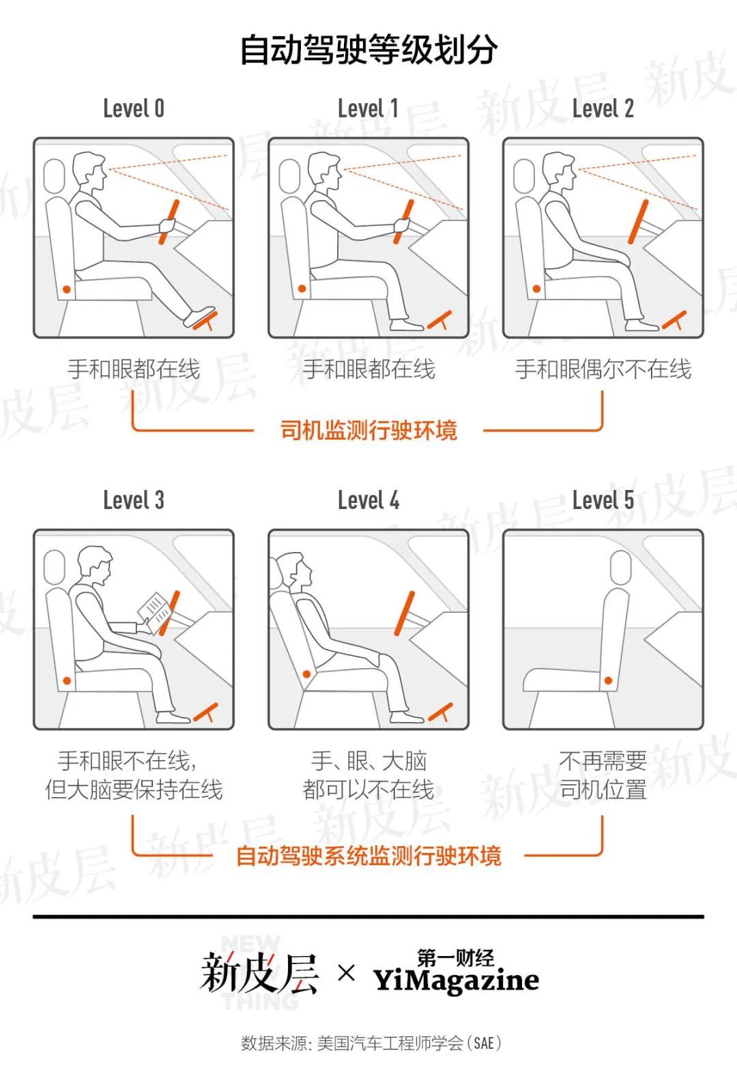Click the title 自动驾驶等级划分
369,50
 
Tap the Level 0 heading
134,108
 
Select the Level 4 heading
369,500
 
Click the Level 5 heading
603,500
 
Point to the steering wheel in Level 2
638,222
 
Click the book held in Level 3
155,612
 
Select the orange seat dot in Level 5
609,680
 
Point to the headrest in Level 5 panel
621,567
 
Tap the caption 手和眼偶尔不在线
603,369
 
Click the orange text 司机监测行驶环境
369,430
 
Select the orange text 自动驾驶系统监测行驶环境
369,856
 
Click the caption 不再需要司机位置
603,775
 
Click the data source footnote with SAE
371,1043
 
